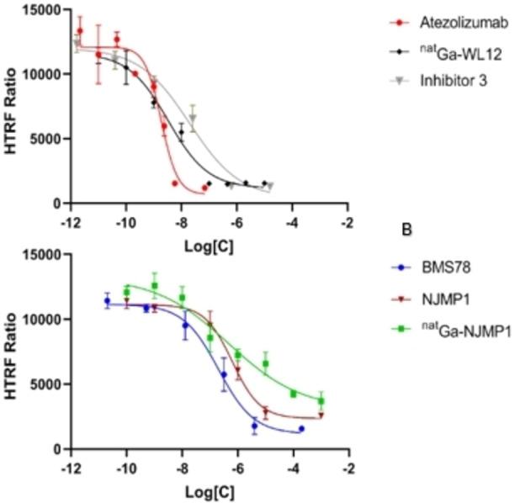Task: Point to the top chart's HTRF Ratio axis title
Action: (x=12, y=105)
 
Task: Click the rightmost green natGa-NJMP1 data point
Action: (x=321, y=401)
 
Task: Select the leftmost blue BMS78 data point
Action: (x=107, y=301)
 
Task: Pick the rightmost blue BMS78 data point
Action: (x=301, y=428)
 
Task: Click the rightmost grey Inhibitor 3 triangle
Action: (x=270, y=186)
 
